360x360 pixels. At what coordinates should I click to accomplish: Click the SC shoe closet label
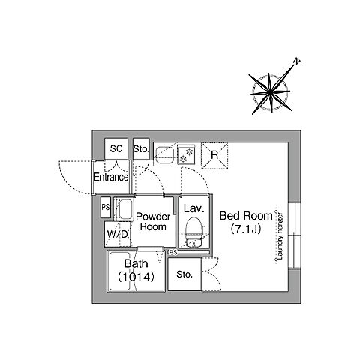pyautogui.click(x=116, y=149)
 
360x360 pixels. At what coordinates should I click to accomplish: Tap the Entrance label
pyautogui.click(x=111, y=177)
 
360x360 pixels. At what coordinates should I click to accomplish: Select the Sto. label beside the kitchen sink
pyautogui.click(x=141, y=149)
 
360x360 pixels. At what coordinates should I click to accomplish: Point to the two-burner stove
pyautogui.click(x=187, y=155)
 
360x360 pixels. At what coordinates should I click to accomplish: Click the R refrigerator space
pyautogui.click(x=214, y=155)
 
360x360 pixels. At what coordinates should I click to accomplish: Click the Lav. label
pyautogui.click(x=194, y=208)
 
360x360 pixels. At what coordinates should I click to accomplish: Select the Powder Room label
pyautogui.click(x=153, y=221)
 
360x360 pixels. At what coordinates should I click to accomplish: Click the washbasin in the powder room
pyautogui.click(x=124, y=209)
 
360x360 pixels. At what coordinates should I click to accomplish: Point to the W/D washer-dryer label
pyautogui.click(x=118, y=235)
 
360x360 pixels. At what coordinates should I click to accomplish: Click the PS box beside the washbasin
pyautogui.click(x=106, y=207)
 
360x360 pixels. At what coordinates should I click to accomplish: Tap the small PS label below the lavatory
pyautogui.click(x=173, y=253)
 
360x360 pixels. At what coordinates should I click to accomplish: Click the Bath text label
pyautogui.click(x=136, y=263)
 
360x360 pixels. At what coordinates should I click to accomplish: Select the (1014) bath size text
pyautogui.click(x=136, y=277)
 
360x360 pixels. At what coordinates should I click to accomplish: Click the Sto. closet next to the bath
pyautogui.click(x=184, y=274)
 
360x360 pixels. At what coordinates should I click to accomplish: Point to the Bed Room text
pyautogui.click(x=246, y=216)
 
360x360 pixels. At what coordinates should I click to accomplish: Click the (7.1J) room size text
pyautogui.click(x=246, y=229)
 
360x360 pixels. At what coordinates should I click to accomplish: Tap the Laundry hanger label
pyautogui.click(x=280, y=235)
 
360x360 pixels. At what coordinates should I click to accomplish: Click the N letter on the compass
pyautogui.click(x=296, y=61)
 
